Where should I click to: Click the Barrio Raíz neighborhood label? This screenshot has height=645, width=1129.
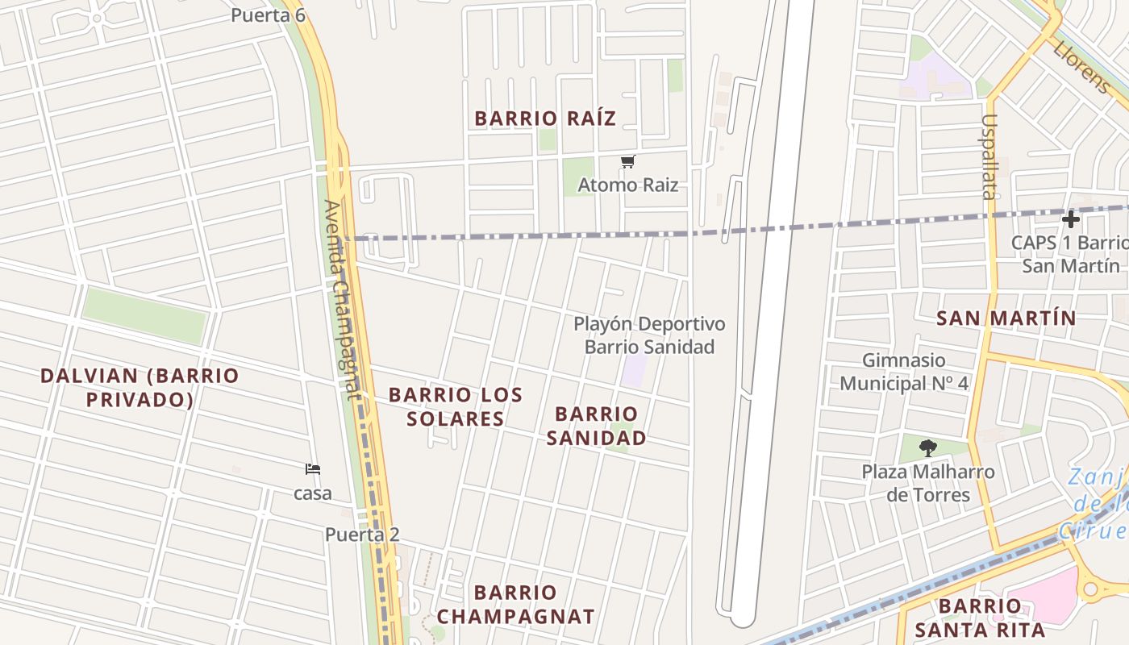pos(545,119)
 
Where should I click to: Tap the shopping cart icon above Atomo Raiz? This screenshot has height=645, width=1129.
pos(627,162)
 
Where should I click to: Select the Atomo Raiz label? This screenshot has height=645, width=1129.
pos(627,185)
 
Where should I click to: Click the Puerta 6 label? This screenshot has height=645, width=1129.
pos(268,15)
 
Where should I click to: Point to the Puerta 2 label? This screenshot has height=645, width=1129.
pos(362,535)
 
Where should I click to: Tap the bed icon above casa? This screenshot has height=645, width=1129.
pos(313,469)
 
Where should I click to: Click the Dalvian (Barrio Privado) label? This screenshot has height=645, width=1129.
pos(140,388)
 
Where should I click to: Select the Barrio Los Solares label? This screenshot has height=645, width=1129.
pos(456,406)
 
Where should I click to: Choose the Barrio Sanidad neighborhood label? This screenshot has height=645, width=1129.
pos(597,426)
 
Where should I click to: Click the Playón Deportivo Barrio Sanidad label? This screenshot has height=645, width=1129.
pos(649,335)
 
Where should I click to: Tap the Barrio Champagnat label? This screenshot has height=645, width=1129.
pos(516,605)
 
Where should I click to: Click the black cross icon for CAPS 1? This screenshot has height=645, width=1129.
pos(1070,218)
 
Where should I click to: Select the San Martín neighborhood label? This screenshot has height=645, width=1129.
pos(1006,318)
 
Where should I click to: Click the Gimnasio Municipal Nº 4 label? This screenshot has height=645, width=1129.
pos(904,372)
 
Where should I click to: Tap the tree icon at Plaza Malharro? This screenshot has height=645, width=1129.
pos(928,448)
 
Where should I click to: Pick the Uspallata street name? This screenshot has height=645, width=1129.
pos(989,156)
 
